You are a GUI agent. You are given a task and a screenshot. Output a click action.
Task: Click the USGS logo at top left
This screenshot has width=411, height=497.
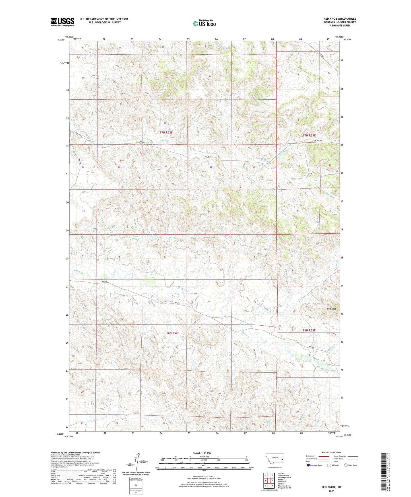coord(63,22)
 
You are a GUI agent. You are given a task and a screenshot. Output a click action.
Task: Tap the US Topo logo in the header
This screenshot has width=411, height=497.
coord(204,23)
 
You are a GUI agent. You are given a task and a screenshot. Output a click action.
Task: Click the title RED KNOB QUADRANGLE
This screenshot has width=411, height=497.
coord(340,19)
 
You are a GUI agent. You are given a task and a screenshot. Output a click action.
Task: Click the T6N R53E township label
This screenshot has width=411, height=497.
coord(309,330)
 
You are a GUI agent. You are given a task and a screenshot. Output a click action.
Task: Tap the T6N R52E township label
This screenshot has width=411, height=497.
coord(173,333)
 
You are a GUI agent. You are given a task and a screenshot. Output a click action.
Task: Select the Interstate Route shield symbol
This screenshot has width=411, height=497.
coord(309,465)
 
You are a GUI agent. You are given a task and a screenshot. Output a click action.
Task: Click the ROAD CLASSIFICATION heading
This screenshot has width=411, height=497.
coord(331,452)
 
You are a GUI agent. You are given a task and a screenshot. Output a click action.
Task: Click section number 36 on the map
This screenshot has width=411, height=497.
coord(256,212)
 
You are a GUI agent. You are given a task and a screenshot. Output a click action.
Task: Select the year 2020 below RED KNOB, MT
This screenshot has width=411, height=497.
coord(331,491)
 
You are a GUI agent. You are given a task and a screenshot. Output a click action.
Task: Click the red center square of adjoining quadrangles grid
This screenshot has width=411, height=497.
coord(269,480)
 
